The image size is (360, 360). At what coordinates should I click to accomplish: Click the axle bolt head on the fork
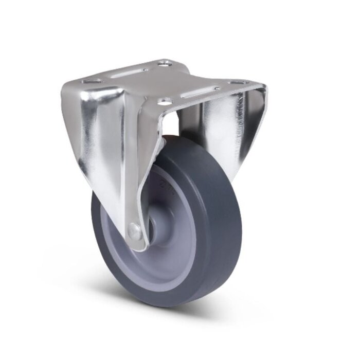(x=135, y=232)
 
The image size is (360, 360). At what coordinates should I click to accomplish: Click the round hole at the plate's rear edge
(x=164, y=64)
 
